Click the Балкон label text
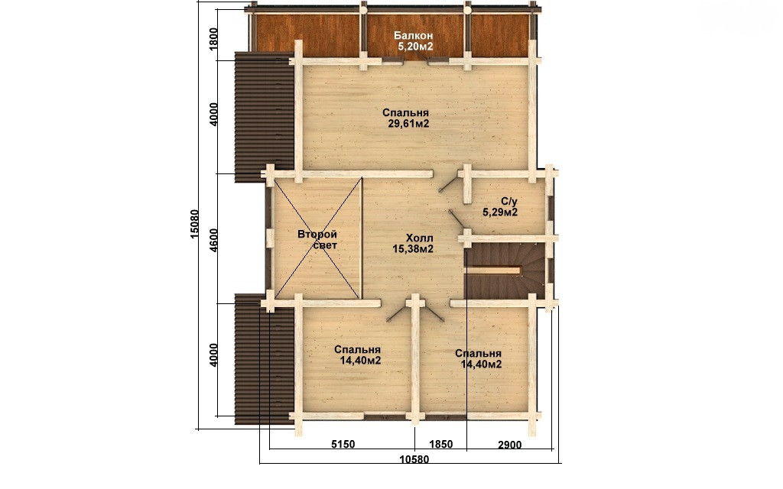413,36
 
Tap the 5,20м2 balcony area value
415,47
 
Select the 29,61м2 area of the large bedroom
408,125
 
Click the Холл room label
412,238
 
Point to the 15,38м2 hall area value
412,249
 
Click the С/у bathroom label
509,202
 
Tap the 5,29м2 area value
500,212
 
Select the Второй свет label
317,239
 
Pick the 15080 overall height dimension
195,223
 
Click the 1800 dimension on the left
214,38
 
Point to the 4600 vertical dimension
214,240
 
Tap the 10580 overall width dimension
414,459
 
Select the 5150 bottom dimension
343,444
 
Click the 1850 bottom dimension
440,444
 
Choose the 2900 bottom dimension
510,445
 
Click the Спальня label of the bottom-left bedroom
358,350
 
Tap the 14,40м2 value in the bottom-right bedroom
481,364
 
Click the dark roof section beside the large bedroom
264,117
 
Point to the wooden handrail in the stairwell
493,270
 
